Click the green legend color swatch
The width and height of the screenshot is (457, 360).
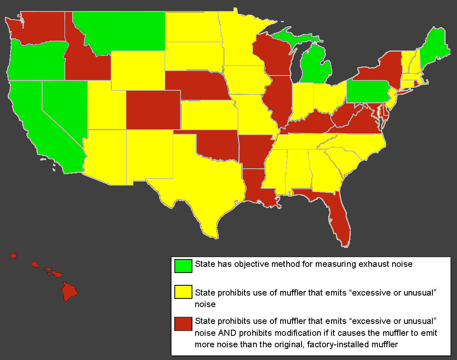183,266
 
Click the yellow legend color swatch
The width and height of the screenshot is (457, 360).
183,292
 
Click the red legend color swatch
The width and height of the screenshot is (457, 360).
183,323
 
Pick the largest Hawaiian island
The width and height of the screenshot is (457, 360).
69,291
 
